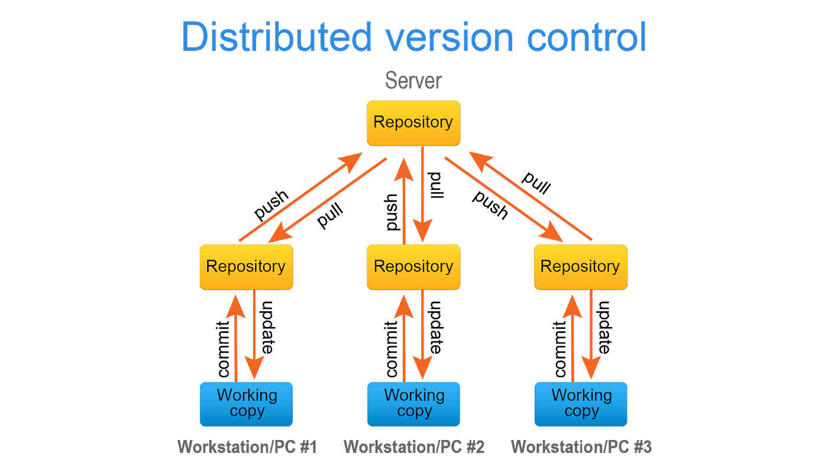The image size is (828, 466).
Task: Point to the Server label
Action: click(413, 80)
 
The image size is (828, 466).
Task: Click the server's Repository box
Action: click(413, 122)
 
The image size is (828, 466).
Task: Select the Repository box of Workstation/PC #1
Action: click(245, 267)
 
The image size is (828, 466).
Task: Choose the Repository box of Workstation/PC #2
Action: click(413, 267)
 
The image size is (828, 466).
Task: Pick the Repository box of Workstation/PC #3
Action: click(581, 267)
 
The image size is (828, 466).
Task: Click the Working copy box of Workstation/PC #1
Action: click(246, 404)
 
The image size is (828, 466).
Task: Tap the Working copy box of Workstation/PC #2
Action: click(413, 404)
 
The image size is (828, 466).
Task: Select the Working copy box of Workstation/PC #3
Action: click(581, 404)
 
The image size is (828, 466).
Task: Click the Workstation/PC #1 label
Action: click(247, 446)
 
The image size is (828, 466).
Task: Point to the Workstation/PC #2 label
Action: click(414, 446)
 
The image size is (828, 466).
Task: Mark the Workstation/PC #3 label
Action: click(581, 446)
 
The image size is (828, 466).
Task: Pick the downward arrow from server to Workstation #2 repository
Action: click(422, 195)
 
